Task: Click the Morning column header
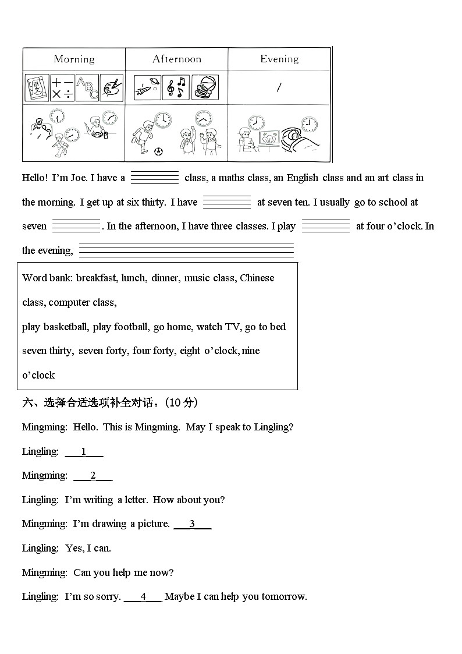tap(74, 59)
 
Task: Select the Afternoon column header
tap(177, 59)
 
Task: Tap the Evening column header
tap(279, 59)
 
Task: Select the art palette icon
tap(112, 87)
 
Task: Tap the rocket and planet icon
tap(147, 87)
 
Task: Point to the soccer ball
tap(159, 151)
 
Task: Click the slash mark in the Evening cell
tap(279, 87)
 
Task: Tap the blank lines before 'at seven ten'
tap(227, 202)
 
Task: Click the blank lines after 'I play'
tap(325, 226)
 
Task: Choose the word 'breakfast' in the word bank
tap(96, 278)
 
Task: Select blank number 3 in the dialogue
tap(192, 524)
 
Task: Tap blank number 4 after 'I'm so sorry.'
tap(143, 596)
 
